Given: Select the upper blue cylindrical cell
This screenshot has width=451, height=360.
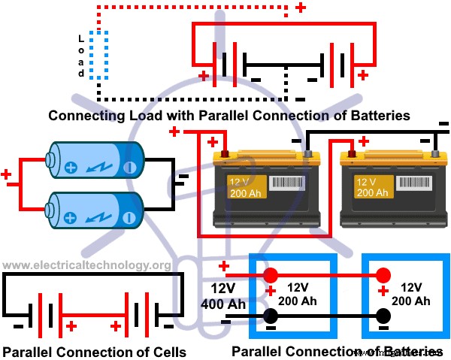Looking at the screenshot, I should pyautogui.click(x=94, y=160).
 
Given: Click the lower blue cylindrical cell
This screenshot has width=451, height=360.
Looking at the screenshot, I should pyautogui.click(x=94, y=208).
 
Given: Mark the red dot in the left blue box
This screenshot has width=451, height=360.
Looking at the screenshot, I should pyautogui.click(x=271, y=274).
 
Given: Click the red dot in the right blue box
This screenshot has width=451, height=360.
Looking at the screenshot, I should pyautogui.click(x=383, y=274).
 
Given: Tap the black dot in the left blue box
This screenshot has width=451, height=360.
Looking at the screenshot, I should pyautogui.click(x=271, y=315).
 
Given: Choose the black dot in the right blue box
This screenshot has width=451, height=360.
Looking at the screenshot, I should pyautogui.click(x=383, y=315).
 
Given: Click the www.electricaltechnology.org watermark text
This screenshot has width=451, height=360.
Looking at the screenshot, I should pyautogui.click(x=86, y=265).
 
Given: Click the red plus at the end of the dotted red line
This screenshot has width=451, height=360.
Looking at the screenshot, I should pyautogui.click(x=301, y=8).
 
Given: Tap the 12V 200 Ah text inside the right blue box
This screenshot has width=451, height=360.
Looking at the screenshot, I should pyautogui.click(x=416, y=294).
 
